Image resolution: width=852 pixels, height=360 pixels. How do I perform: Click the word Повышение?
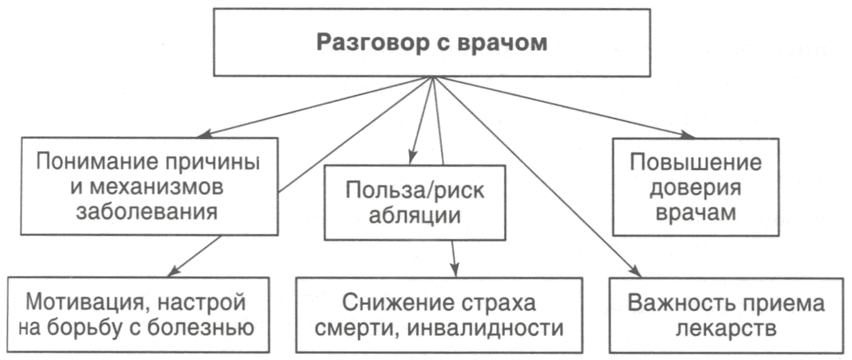coord(696,163)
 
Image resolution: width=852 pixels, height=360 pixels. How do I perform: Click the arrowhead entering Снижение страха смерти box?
coord(455,271)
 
